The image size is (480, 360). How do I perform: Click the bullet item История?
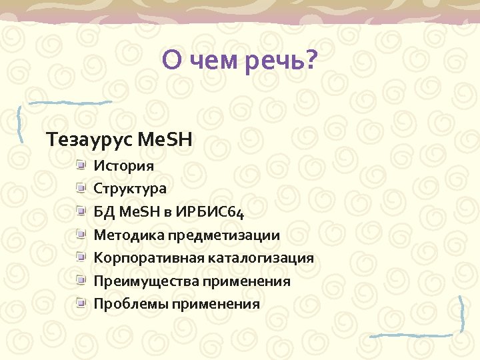(123, 165)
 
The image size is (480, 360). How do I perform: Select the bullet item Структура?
(130, 189)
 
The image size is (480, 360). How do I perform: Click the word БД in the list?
(103, 212)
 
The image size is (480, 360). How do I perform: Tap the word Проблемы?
(130, 305)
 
